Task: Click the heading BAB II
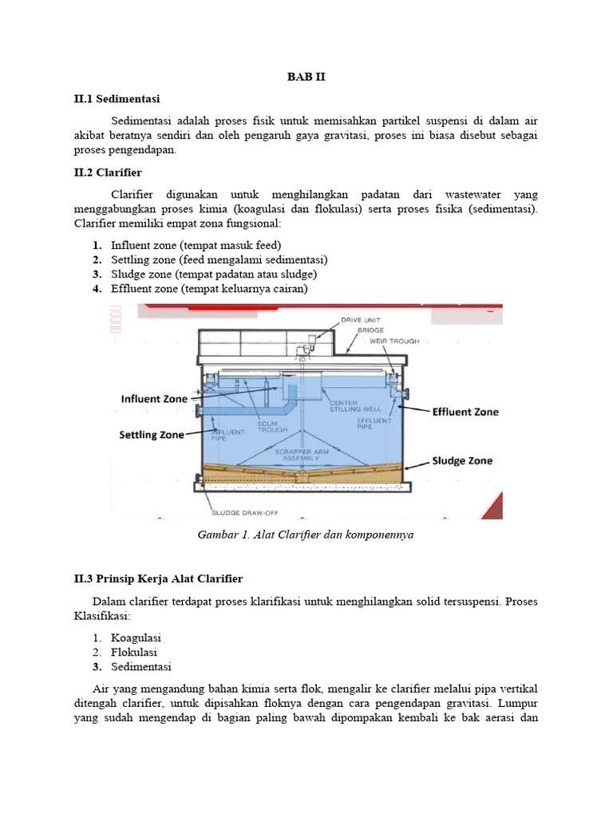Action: [306, 77]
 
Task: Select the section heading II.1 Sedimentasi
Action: [117, 99]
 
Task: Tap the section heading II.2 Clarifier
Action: [108, 172]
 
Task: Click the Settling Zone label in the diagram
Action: [152, 435]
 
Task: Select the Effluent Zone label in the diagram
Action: [465, 412]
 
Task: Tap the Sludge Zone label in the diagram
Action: [462, 460]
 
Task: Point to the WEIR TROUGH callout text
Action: [394, 341]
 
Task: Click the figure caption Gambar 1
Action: [306, 535]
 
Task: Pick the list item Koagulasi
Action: [136, 637]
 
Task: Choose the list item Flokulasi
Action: [134, 652]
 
